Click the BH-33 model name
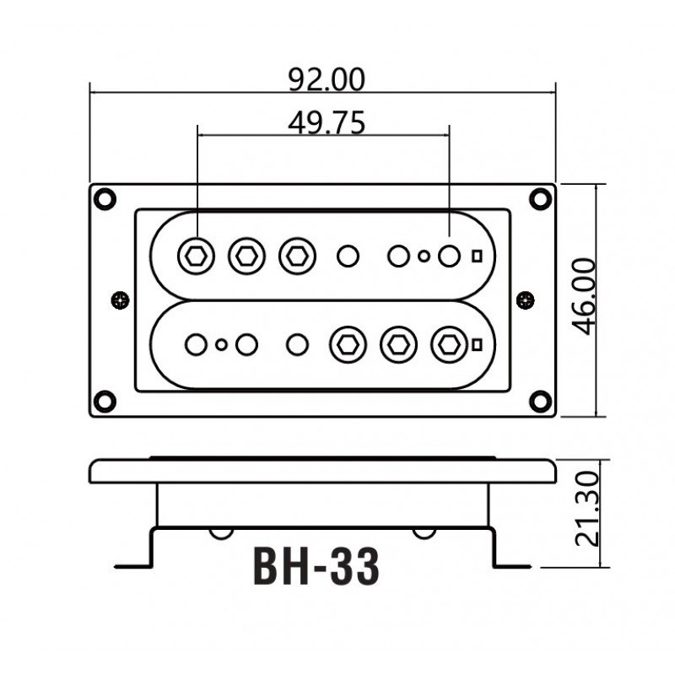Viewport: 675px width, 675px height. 316,567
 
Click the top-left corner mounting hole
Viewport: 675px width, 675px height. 105,198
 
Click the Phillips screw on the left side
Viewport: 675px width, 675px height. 120,299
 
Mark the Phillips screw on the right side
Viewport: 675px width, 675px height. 525,299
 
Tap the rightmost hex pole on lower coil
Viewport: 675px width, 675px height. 448,344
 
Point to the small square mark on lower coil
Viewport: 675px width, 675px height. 477,344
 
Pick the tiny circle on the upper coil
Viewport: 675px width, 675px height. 424,255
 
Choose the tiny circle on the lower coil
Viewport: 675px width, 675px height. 221,344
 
